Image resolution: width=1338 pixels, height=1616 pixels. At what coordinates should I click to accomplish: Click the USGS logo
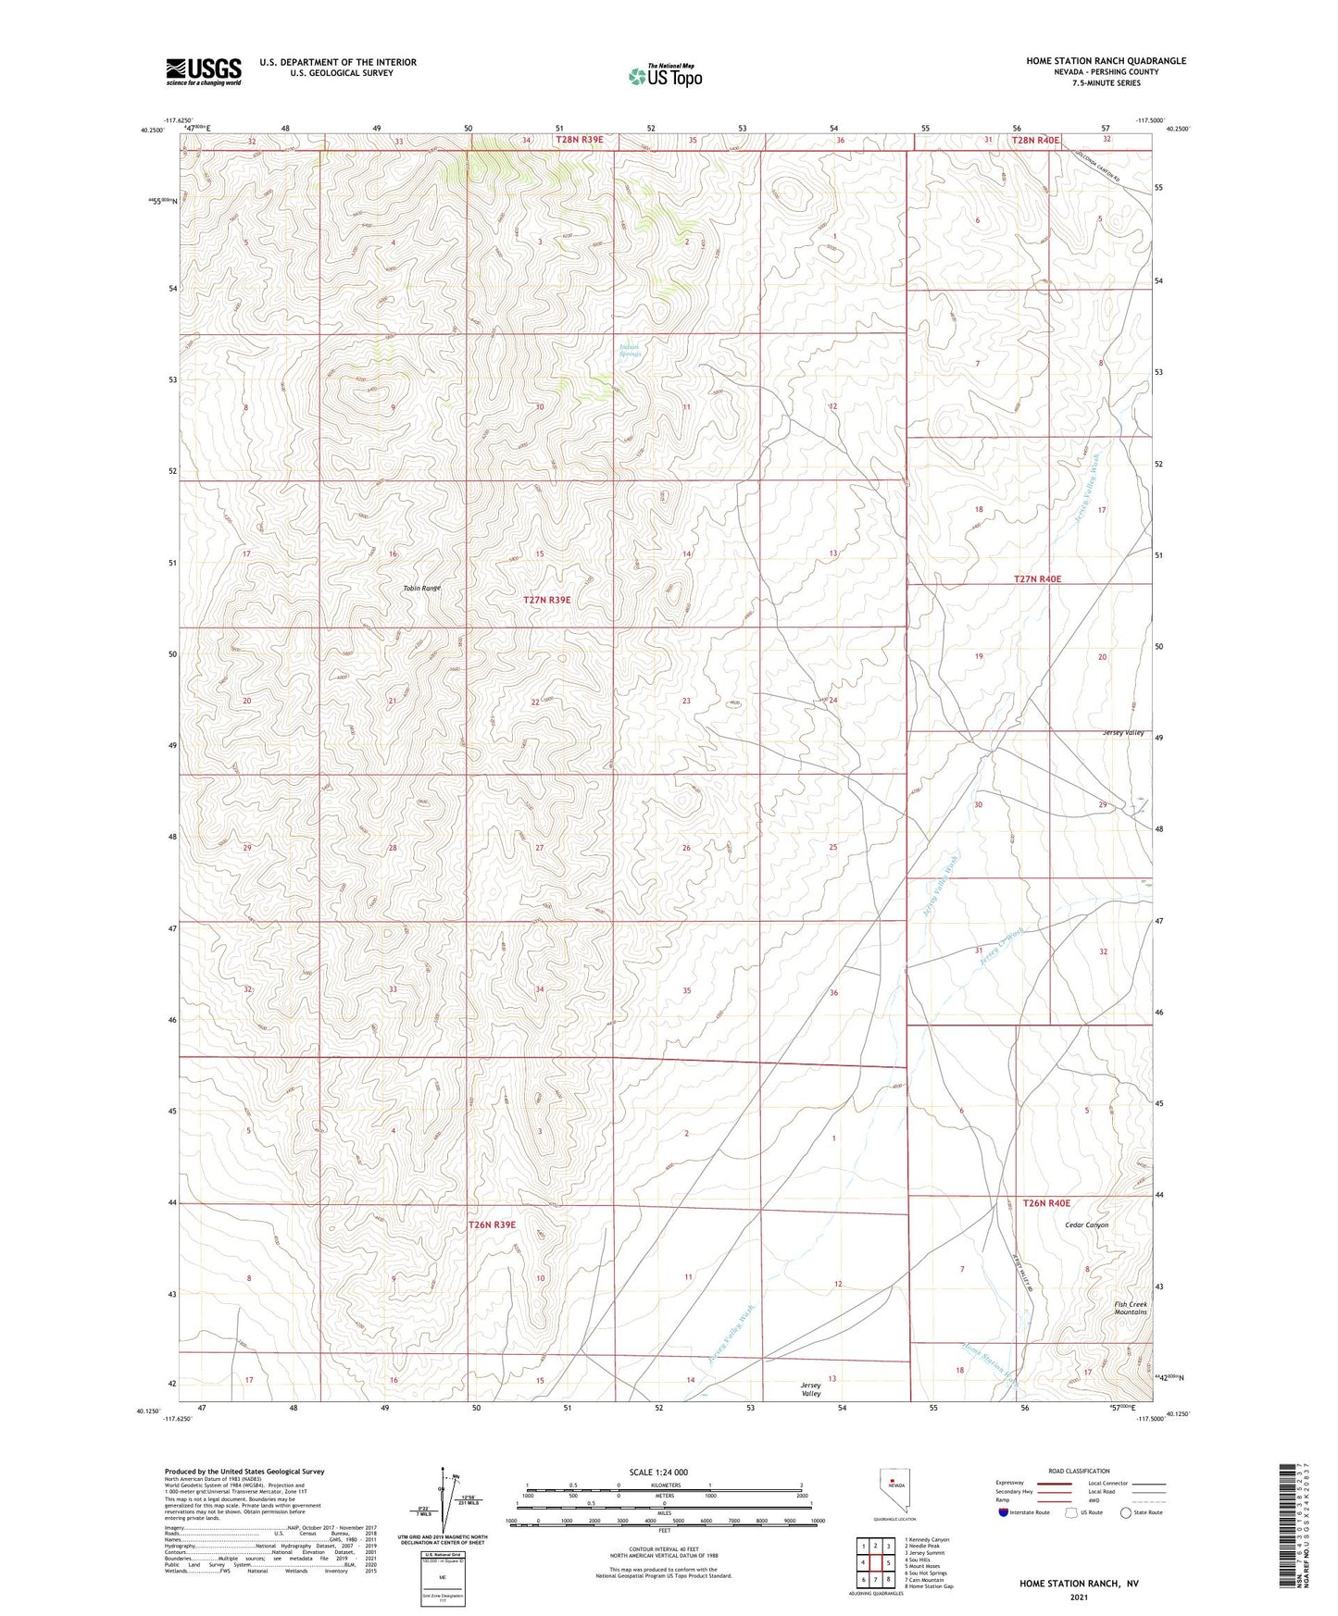pos(203,71)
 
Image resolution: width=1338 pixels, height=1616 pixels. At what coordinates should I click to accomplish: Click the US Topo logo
pos(665,76)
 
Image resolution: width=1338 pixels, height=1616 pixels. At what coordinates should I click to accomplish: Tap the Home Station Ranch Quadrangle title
pos(1105,61)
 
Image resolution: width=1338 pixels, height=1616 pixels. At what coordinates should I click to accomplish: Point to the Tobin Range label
pos(421,588)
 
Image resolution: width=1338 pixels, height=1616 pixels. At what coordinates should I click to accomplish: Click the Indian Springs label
pos(630,350)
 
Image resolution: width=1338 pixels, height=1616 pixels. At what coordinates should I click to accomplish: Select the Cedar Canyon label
pos(1085,1224)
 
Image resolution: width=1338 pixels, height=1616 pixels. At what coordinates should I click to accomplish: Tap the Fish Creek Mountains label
pos(1130,1308)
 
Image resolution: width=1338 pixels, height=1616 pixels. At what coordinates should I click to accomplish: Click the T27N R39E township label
pos(546,600)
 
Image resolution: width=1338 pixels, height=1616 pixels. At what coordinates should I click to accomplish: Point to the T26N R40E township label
pos(1045,1203)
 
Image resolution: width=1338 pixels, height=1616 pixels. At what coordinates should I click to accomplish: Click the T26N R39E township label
pos(492,1224)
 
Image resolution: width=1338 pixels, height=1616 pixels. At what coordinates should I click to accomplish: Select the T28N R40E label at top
pos(1034,140)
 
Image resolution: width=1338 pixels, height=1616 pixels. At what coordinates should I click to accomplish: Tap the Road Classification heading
pos(1080,1471)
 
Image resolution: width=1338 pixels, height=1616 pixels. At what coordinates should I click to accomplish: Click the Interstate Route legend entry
pos(1022,1512)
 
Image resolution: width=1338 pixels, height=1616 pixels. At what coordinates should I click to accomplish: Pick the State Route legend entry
pos(1142,1512)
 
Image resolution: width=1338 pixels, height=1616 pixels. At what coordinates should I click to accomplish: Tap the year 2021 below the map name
pos(1078,1597)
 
